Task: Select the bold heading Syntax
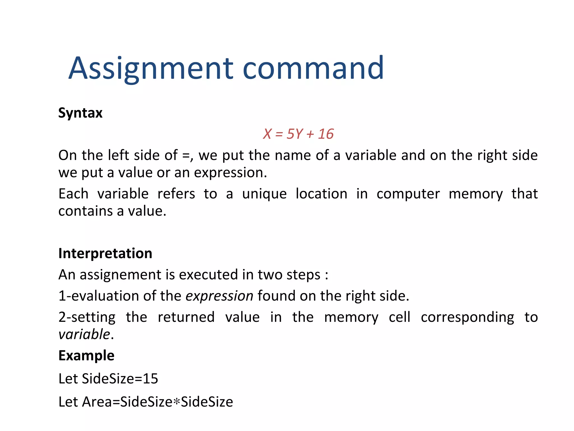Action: (x=80, y=113)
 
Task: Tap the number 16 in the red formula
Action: (x=326, y=134)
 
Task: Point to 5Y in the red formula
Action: (x=295, y=134)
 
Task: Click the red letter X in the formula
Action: (x=267, y=134)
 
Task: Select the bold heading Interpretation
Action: (x=105, y=253)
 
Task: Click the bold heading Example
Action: (x=86, y=356)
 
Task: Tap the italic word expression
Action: (x=219, y=296)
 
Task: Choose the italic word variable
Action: (x=84, y=334)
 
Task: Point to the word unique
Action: (x=264, y=194)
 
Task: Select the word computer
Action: (x=408, y=194)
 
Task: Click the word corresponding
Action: (x=467, y=317)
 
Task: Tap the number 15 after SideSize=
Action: (x=151, y=379)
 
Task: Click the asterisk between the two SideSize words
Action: (x=176, y=402)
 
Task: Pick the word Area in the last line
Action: (x=97, y=402)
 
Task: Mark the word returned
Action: (x=186, y=317)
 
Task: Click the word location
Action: (x=321, y=194)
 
